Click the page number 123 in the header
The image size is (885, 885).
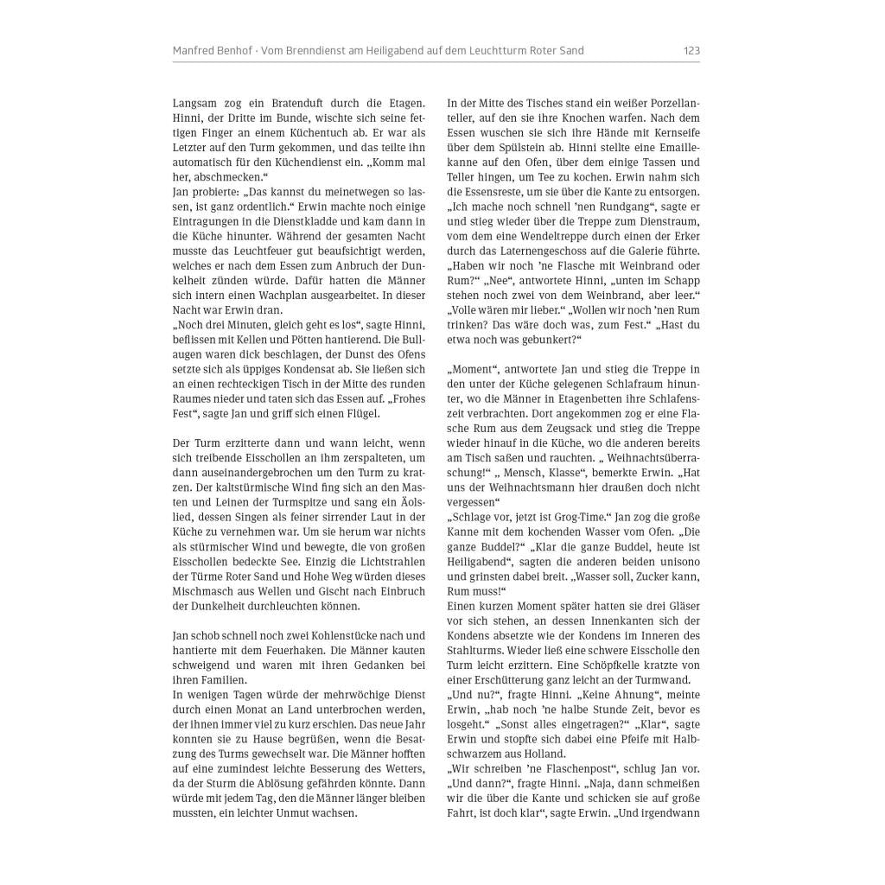(691, 51)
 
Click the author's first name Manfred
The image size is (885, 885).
(193, 51)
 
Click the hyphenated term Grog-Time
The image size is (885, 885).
(571, 517)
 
